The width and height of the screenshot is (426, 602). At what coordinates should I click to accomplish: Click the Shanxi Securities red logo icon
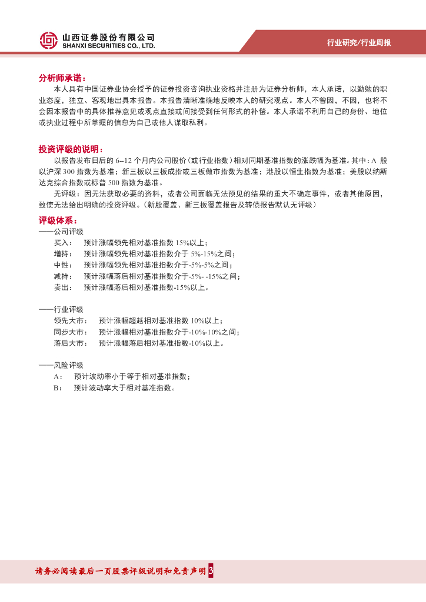(x=49, y=40)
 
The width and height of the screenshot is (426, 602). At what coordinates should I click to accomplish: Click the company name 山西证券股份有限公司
(x=108, y=36)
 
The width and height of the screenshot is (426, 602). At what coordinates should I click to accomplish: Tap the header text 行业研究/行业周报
(x=359, y=43)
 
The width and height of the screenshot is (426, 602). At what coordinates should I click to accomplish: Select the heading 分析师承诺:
(x=62, y=78)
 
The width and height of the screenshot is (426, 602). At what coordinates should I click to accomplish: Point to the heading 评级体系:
(x=58, y=220)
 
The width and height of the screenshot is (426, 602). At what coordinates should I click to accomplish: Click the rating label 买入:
(x=63, y=243)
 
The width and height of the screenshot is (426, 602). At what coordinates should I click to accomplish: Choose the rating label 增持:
(x=63, y=254)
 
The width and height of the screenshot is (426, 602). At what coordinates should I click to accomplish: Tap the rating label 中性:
(x=63, y=265)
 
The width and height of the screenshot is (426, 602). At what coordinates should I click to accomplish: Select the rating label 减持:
(x=63, y=276)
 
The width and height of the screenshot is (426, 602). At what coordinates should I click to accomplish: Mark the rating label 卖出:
(x=63, y=287)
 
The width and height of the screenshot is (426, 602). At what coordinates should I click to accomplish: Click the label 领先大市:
(x=71, y=321)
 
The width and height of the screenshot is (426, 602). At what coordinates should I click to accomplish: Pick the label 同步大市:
(x=71, y=332)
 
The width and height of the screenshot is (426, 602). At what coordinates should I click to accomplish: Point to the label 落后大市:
(x=71, y=343)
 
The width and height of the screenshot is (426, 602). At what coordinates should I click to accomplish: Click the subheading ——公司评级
(x=61, y=232)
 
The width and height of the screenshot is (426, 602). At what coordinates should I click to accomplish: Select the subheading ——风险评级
(x=61, y=366)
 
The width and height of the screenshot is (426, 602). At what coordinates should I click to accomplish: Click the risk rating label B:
(x=58, y=388)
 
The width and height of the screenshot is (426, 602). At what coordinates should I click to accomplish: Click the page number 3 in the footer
(x=211, y=571)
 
